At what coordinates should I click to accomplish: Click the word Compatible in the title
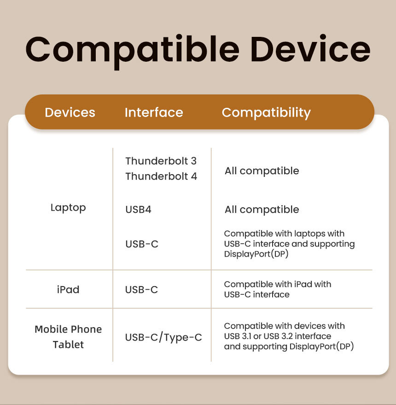point(133,51)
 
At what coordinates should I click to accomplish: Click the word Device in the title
point(310,48)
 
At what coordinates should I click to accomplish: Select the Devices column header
point(70,112)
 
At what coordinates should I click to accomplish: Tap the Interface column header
point(154,112)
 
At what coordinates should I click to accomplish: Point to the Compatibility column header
point(266,113)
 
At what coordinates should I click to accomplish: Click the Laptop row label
point(68,208)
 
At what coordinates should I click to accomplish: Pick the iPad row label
point(68,289)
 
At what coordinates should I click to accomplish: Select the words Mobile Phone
point(68,329)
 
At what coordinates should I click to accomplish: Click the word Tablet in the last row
point(68,345)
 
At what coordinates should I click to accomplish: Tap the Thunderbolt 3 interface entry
point(161,161)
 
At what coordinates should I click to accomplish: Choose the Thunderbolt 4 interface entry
point(161,176)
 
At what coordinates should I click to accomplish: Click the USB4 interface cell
point(138,210)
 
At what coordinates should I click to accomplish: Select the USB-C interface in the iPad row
point(141,289)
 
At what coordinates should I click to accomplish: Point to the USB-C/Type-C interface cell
point(163,337)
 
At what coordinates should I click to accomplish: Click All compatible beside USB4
point(262,210)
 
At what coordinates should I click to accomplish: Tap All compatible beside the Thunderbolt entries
point(262,171)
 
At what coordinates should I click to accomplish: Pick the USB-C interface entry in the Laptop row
point(142,244)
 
